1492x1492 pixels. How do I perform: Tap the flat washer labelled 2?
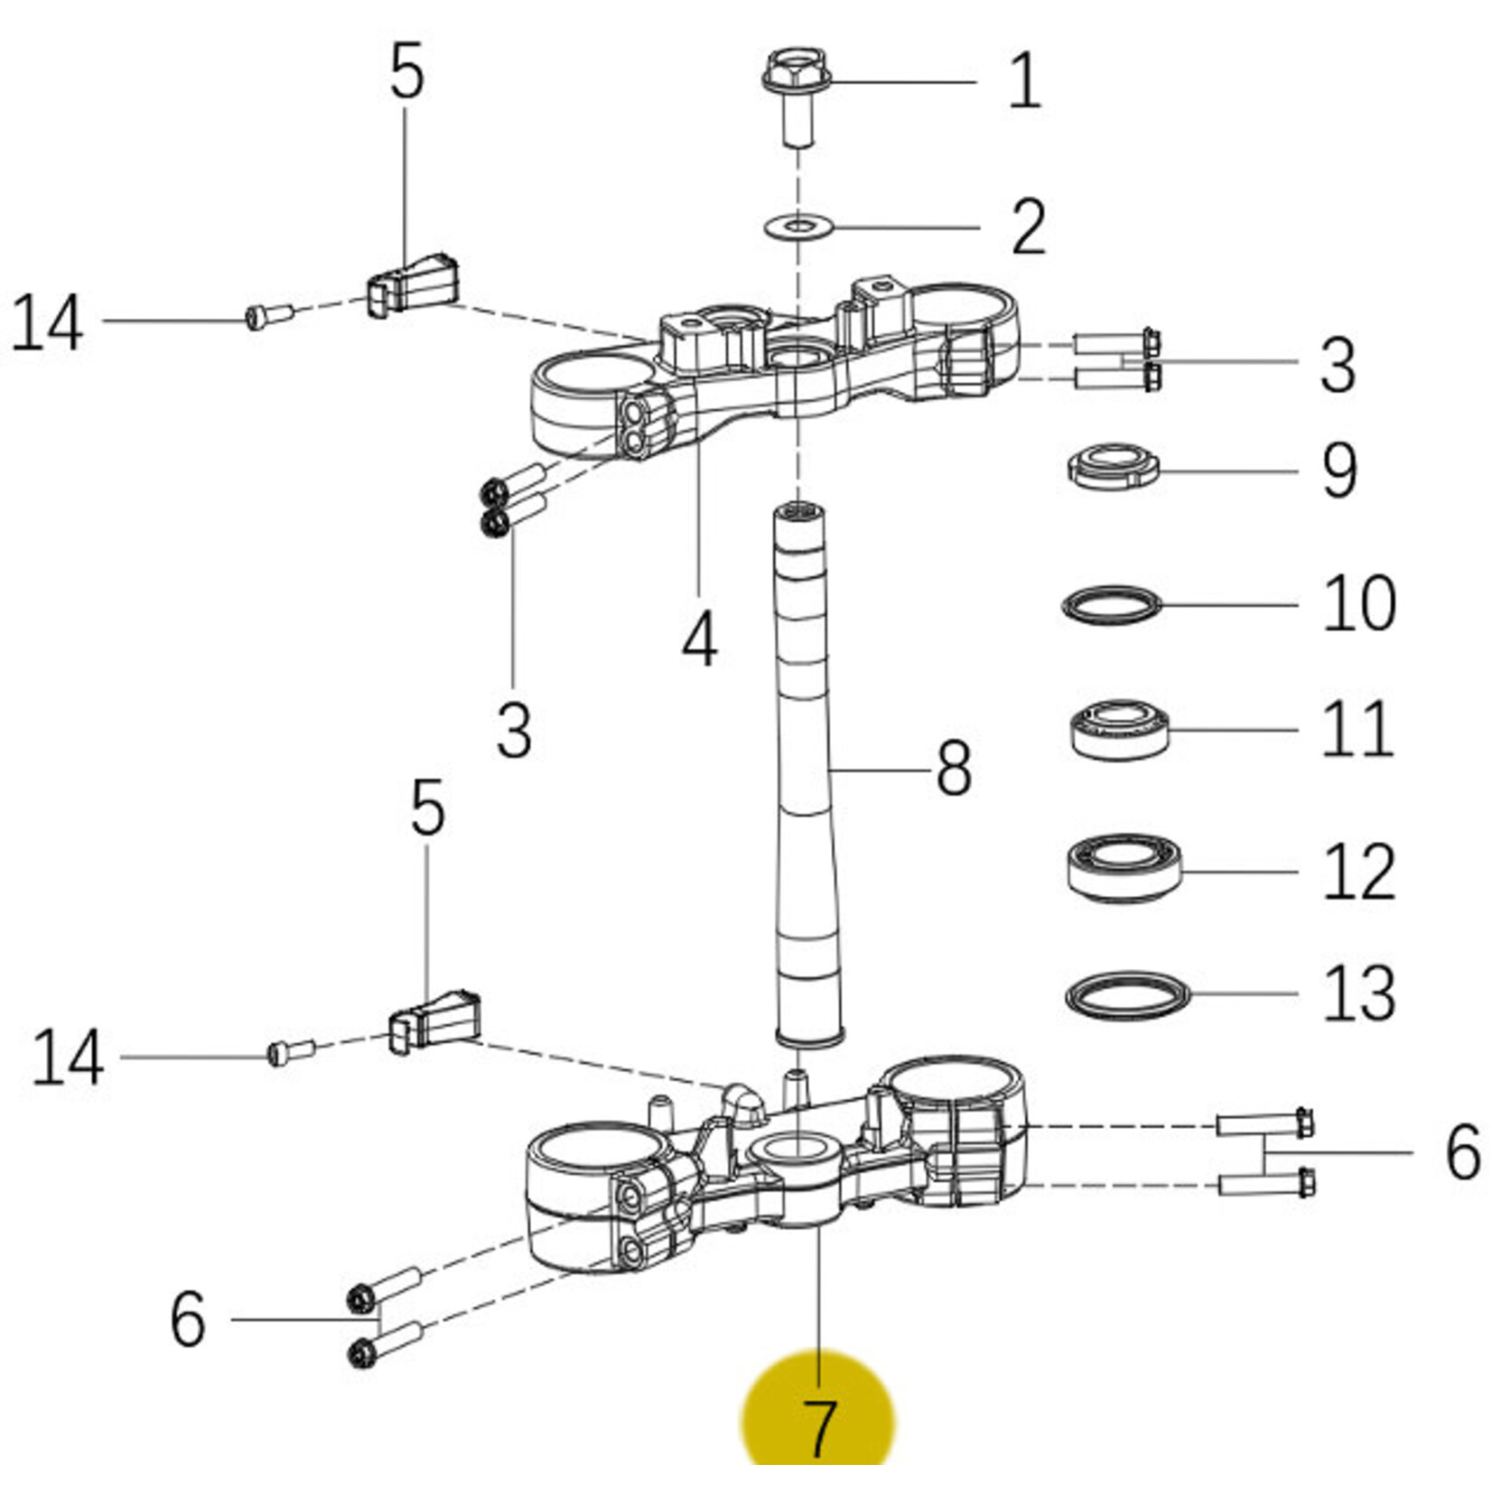coord(798,225)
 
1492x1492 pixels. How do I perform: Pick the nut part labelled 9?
coord(1112,467)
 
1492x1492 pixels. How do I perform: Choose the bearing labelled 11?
coord(1120,728)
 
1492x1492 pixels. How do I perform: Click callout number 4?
coord(699,639)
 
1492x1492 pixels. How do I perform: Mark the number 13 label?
coord(1359,993)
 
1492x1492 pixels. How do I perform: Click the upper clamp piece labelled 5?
coord(413,284)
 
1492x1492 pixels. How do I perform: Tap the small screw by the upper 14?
coord(269,316)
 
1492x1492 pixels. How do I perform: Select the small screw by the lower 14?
coord(292,1052)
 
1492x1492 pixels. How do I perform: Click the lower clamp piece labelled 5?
coord(434,1021)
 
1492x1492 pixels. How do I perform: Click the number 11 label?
coord(1357,728)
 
